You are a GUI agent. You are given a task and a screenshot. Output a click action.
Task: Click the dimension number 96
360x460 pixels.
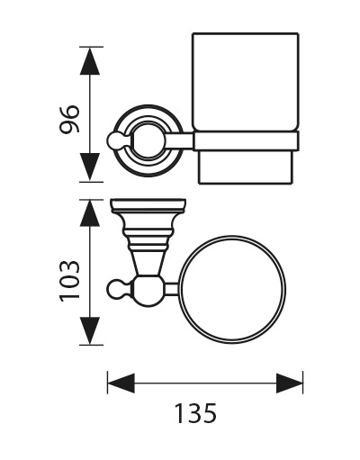coord(69,119)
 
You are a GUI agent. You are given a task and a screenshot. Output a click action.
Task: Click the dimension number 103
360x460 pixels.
coord(69,281)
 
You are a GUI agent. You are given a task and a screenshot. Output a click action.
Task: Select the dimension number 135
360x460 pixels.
coord(195,413)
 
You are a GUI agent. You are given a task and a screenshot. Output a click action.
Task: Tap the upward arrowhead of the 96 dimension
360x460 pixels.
coord(90,61)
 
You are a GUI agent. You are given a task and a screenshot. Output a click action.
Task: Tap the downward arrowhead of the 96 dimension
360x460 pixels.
coord(90,167)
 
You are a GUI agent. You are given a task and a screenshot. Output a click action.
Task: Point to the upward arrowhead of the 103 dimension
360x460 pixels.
coord(90,213)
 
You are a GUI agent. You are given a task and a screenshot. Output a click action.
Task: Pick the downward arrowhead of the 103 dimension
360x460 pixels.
coord(90,330)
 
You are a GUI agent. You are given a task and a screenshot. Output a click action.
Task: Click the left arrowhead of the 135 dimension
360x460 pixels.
coord(121,383)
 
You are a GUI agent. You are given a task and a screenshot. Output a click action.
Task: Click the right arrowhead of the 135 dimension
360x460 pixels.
coord(290,383)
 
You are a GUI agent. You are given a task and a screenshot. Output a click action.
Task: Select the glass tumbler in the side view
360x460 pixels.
coord(246,82)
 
